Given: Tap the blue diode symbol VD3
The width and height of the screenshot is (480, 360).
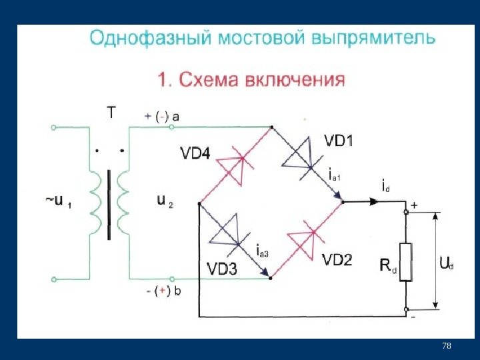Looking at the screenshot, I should [x=230, y=233].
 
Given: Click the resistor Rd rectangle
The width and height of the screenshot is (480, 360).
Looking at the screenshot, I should [x=405, y=262].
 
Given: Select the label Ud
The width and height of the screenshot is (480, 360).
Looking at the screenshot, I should [x=446, y=265].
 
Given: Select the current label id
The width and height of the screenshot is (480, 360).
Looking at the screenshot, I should [x=385, y=186].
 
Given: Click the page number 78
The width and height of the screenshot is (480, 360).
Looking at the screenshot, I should [x=447, y=345].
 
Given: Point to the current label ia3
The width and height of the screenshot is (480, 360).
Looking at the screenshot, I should [x=262, y=251].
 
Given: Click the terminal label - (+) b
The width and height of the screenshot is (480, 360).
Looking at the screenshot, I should [x=163, y=291].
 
